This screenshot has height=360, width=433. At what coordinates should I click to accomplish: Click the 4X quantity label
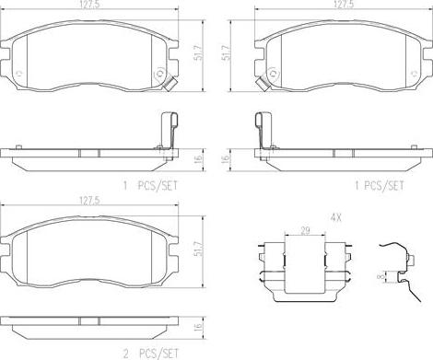[x=335, y=217]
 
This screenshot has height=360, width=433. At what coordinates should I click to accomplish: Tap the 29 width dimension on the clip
[x=305, y=230]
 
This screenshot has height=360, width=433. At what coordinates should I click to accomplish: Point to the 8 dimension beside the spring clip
[x=382, y=277]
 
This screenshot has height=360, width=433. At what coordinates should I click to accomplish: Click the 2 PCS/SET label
[x=150, y=354]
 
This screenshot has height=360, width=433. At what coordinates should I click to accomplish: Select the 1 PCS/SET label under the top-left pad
[x=150, y=186]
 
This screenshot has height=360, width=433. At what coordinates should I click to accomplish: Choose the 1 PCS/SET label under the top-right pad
[x=380, y=185]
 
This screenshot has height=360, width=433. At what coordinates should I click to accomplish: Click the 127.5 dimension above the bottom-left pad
[x=90, y=201]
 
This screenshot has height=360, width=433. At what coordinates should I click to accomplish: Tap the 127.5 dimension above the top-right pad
[x=343, y=5]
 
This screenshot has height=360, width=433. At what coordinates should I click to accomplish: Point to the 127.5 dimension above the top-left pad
[x=89, y=5]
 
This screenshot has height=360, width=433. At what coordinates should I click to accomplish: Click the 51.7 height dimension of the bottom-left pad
[x=200, y=250]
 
